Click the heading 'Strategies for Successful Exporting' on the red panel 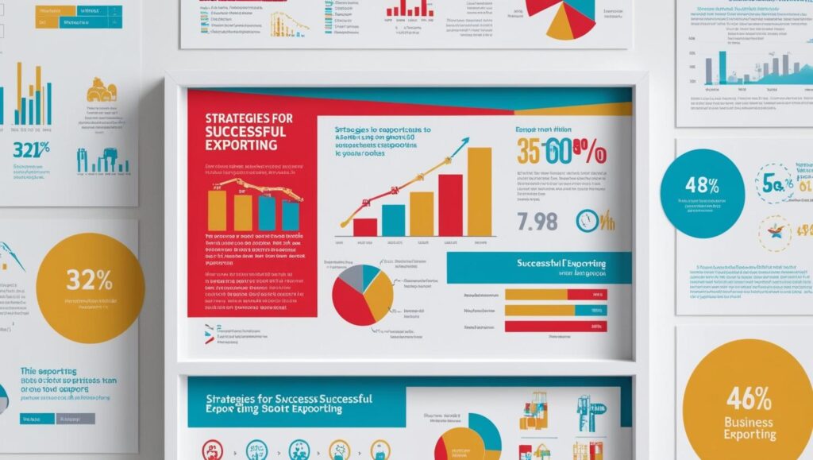249,132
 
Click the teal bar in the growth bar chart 393,220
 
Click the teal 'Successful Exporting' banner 539,267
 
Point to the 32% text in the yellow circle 90,280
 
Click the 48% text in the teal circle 701,187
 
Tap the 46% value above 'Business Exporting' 747,397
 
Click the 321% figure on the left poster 32,149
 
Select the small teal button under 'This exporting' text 37,419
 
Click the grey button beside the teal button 75,419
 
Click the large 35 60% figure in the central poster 561,150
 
